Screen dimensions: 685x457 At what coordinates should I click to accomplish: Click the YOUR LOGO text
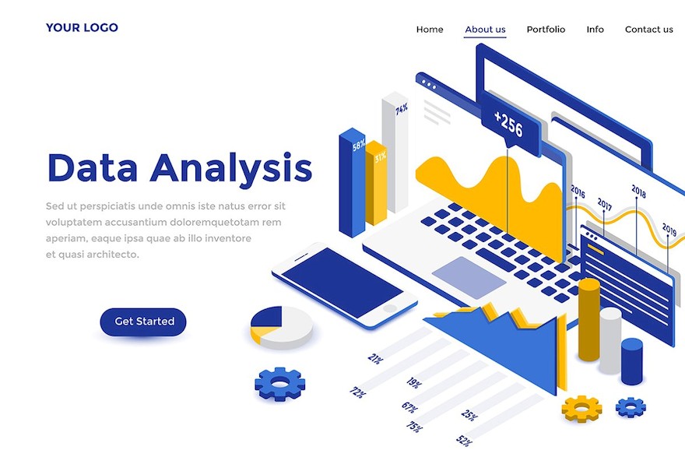pos(82,27)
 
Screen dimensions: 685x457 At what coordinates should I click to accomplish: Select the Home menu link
pos(430,30)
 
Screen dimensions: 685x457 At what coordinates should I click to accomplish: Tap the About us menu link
pos(485,30)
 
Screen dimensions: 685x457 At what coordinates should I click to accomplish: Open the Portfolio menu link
pos(546,30)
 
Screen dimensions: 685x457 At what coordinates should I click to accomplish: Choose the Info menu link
pos(595,30)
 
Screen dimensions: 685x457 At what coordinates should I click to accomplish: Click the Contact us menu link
pos(648,30)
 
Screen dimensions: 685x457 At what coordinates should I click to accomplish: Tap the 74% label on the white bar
pos(402,109)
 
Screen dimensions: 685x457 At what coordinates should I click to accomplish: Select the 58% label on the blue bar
pos(359,145)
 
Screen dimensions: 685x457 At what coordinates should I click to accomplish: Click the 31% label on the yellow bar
pos(380,156)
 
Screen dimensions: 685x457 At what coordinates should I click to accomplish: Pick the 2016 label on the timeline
pos(578,191)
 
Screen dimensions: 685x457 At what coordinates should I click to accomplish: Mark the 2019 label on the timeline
pos(669,229)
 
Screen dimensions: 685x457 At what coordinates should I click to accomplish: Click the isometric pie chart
pos(282,327)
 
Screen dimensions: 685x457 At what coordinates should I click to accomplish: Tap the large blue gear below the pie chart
pos(280,384)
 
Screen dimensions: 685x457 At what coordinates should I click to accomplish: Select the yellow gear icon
pos(581,409)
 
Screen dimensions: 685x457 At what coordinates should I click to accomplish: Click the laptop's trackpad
pos(469,278)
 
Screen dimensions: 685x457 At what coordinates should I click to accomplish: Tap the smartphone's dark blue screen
pos(342,283)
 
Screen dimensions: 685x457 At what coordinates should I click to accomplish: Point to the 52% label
pos(465,441)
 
